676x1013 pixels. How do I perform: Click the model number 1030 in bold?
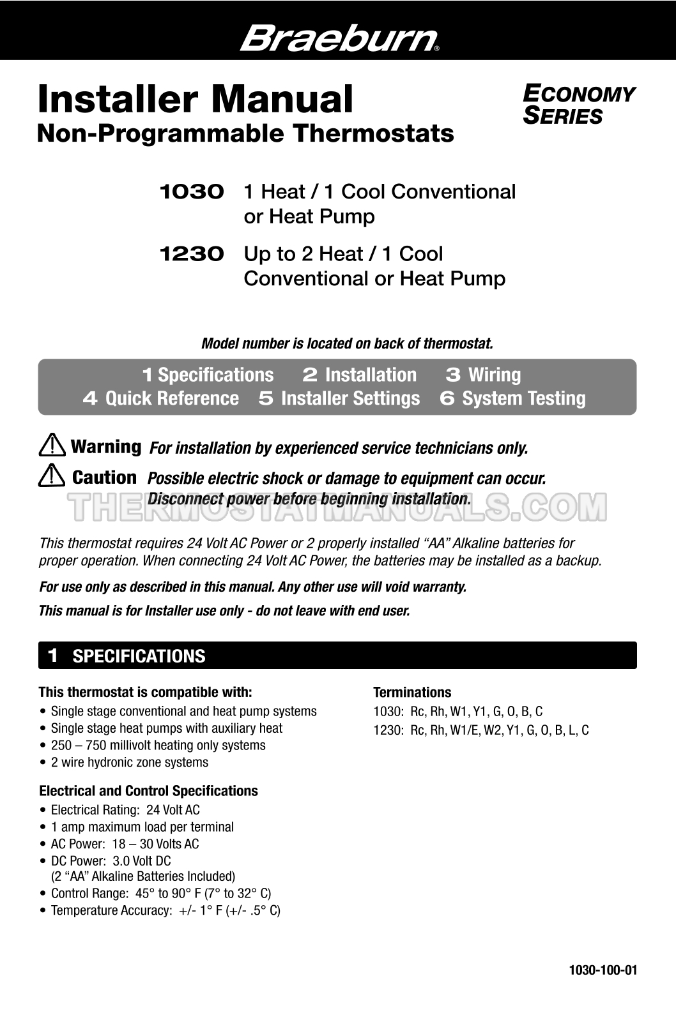tap(192, 191)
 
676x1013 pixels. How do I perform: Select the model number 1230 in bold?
tap(192, 254)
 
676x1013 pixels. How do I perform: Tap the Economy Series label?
tap(579, 105)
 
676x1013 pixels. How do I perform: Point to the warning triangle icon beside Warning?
tap(52, 445)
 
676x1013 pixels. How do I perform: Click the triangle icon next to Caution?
tap(52, 476)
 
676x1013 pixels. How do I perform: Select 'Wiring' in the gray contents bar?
tap(494, 375)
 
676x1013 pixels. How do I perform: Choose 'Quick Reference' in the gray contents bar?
tap(171, 398)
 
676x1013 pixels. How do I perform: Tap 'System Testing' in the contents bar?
tap(523, 398)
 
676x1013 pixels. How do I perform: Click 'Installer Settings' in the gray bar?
tap(350, 398)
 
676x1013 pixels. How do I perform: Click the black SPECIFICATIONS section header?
tap(337, 656)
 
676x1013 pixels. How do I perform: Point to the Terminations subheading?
tap(412, 692)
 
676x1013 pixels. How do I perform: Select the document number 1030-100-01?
tap(603, 970)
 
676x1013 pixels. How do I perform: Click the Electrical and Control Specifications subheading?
tap(148, 790)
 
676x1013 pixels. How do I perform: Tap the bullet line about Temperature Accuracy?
tap(165, 910)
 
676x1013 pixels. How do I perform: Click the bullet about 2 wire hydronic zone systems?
tap(129, 762)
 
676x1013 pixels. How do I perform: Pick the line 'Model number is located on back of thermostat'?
tap(347, 343)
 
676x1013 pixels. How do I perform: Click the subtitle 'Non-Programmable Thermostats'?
tap(245, 134)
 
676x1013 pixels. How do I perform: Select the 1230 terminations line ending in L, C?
tap(480, 730)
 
